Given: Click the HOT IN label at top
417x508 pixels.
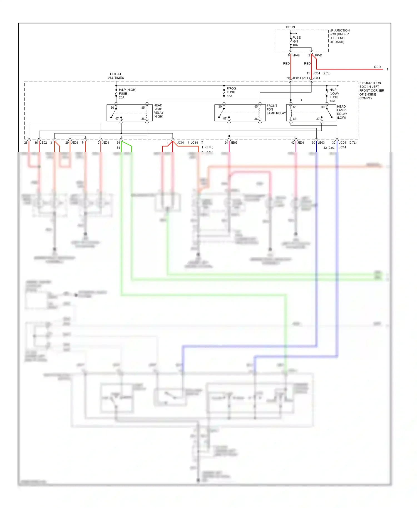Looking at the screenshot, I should tap(289, 27).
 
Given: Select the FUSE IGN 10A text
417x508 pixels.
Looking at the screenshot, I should tap(296, 41).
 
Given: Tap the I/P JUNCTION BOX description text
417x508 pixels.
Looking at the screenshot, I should tap(339, 36).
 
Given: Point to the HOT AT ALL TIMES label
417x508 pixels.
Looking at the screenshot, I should tap(116, 76).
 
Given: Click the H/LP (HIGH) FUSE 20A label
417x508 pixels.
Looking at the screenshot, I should tap(127, 94).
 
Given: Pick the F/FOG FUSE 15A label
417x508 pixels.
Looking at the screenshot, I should tap(231, 92).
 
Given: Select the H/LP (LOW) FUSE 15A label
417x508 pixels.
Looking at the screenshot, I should tap(334, 95).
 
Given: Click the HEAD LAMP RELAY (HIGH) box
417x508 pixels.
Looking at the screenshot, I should tap(129, 113).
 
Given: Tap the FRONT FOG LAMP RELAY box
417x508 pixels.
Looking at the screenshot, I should tap(240, 113).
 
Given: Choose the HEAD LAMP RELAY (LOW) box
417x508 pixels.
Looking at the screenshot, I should tap(311, 113).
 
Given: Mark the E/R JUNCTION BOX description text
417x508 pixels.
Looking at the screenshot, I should tap(371, 91).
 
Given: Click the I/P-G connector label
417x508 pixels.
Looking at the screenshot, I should tap(296, 55).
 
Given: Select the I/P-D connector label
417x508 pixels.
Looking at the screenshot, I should tap(318, 55).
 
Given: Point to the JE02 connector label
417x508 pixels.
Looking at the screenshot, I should tap(43, 143).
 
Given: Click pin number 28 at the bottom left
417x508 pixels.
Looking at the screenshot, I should tap(26, 143).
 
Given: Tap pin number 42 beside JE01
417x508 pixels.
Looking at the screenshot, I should tap(293, 143).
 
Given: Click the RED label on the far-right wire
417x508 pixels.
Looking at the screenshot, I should tap(377, 67).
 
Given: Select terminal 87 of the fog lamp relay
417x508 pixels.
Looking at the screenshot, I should tap(225, 118).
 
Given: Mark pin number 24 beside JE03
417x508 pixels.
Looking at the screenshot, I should tap(226, 143).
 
